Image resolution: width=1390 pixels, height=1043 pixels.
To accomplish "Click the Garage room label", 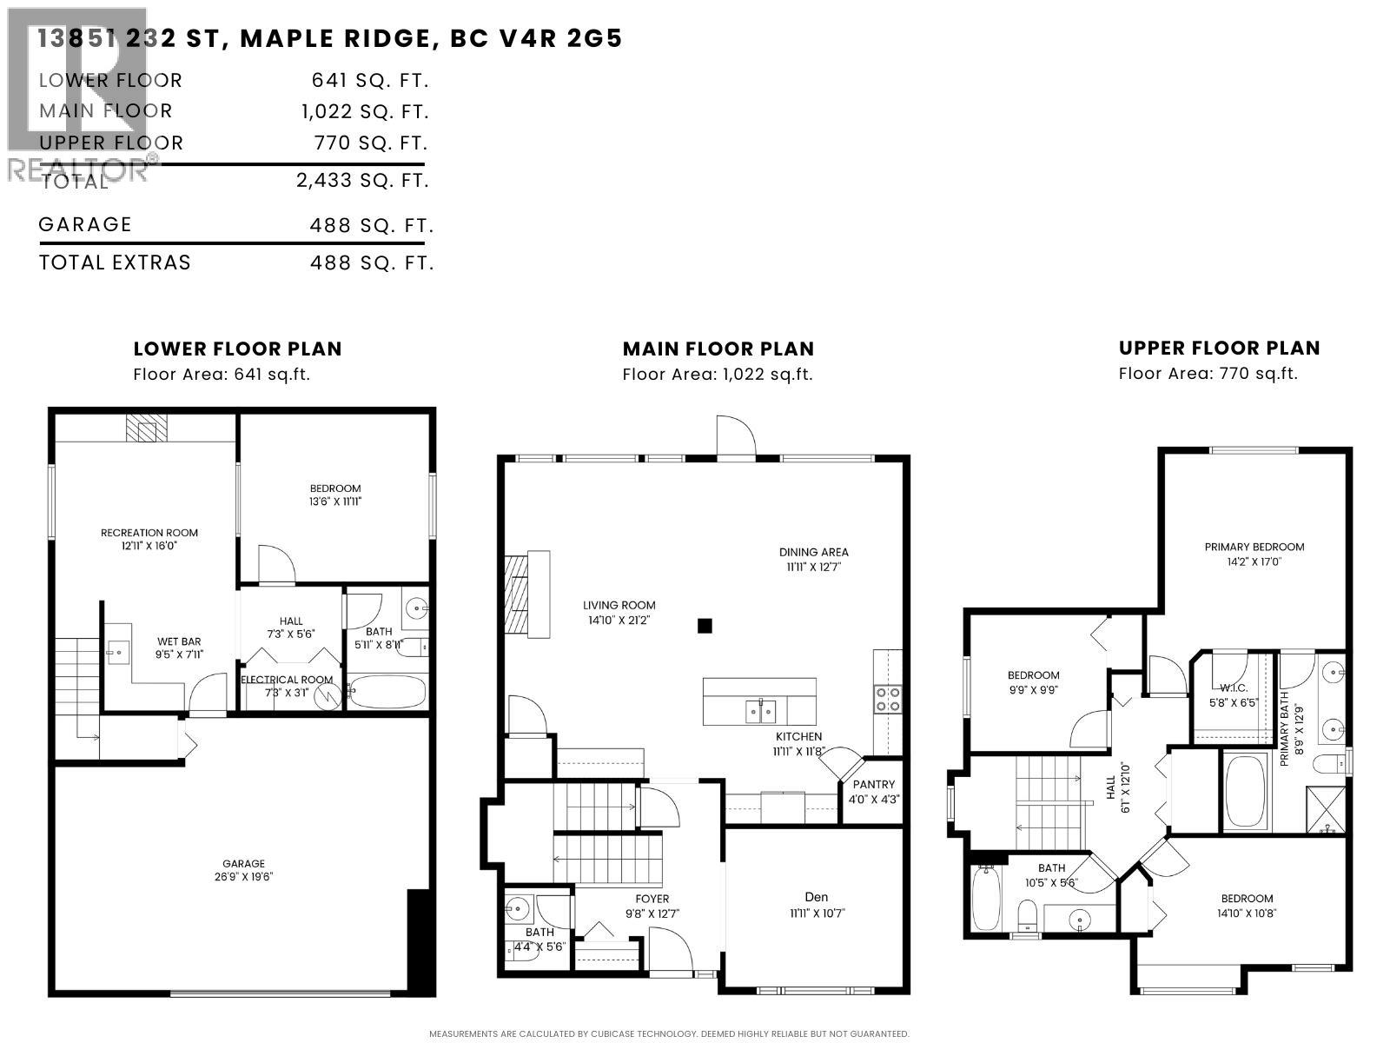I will click(x=243, y=864).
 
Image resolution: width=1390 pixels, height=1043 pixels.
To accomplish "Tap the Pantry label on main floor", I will click(x=873, y=784).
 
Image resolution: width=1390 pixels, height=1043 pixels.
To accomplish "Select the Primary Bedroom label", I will click(x=1254, y=547).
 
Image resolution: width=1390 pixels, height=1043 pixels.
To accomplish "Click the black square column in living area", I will click(x=705, y=625).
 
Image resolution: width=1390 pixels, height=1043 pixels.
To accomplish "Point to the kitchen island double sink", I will click(x=760, y=712).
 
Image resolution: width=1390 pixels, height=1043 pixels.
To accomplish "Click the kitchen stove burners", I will click(x=888, y=700).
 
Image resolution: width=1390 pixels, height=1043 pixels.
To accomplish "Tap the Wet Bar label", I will click(x=180, y=642).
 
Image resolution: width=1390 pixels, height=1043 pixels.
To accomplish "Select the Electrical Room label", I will click(x=287, y=680).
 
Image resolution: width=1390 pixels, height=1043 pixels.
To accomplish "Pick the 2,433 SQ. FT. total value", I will click(x=363, y=181).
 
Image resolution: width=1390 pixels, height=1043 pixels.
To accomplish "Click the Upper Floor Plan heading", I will click(x=1219, y=349).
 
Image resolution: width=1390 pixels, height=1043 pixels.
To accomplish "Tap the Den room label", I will click(x=817, y=897).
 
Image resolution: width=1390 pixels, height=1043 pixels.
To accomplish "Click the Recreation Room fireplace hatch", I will click(x=146, y=428).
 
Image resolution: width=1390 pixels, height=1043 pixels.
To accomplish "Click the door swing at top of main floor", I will click(x=734, y=437).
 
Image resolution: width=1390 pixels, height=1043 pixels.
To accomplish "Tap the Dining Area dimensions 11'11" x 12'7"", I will click(x=813, y=567).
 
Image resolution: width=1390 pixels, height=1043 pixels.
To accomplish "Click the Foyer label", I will click(x=652, y=899).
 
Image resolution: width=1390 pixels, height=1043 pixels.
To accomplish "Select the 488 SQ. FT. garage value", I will click(x=371, y=226).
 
